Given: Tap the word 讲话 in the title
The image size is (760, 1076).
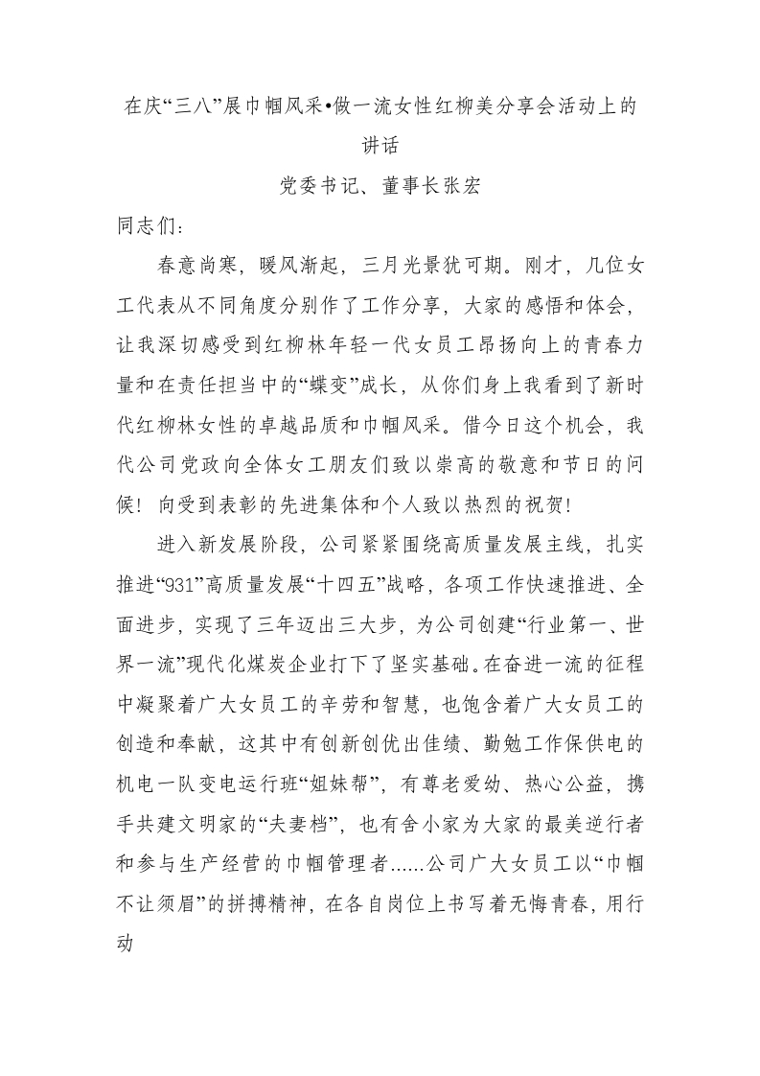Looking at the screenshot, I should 380,146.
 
